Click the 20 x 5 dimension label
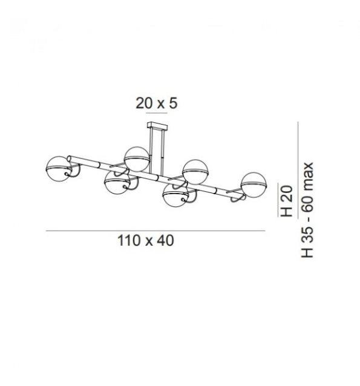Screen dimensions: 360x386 pos(156,103)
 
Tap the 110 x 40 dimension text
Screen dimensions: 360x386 pos(146,241)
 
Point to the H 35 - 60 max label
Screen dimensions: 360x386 pos(307,210)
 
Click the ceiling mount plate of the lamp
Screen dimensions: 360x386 pos(157,126)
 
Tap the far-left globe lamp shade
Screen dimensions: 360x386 pos(58,169)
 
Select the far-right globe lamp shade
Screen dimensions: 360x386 pos(254,185)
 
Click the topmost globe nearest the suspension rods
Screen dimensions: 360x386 pos(137,159)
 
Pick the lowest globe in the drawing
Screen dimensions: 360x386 pos(176,195)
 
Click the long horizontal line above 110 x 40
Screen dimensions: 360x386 pos(155,231)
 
